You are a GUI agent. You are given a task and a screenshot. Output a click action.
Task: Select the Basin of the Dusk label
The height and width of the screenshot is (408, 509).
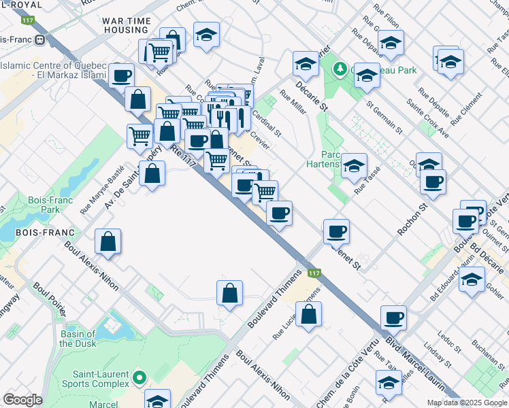point(77,338)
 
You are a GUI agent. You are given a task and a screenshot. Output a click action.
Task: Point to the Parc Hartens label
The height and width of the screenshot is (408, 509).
point(323,159)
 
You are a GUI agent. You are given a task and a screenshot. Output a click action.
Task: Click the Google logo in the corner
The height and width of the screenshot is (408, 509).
point(22,400)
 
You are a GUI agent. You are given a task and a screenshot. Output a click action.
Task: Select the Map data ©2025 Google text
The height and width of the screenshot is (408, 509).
point(466,403)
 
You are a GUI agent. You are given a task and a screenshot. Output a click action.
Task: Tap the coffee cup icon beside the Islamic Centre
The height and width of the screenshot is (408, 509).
point(122,75)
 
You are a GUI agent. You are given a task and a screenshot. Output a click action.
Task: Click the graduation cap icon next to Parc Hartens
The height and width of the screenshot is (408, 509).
point(354,165)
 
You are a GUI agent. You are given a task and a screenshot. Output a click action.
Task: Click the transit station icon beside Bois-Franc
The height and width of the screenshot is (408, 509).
point(40,39)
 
